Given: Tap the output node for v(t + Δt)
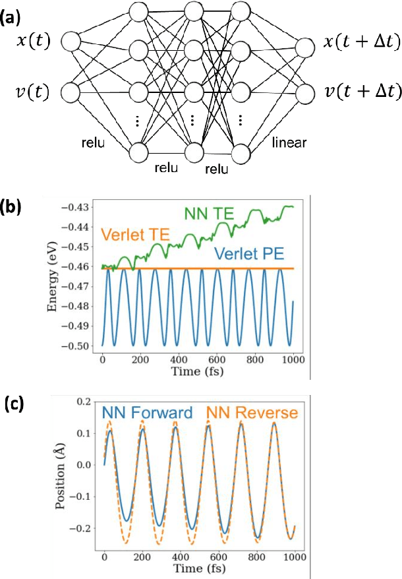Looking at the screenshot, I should coord(305,92).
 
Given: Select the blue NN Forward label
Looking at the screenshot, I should coord(147,413).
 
